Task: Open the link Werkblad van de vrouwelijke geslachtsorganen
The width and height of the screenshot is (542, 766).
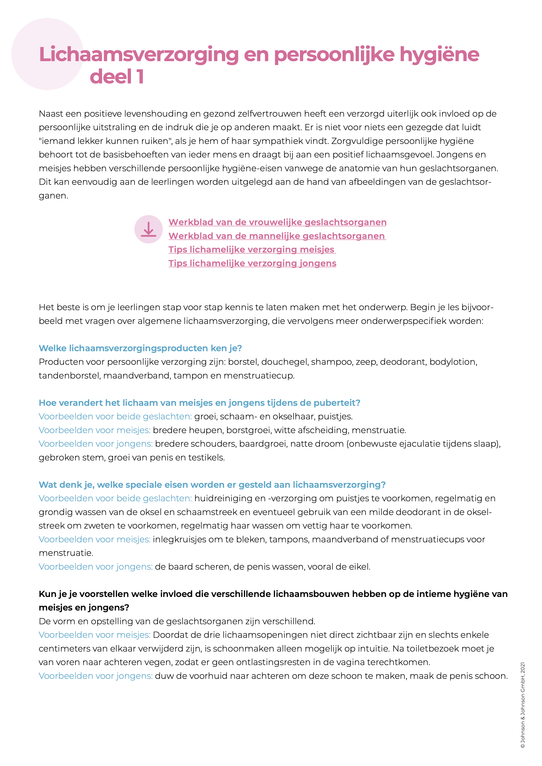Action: [277, 222]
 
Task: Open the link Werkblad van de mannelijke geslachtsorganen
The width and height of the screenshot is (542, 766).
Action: [277, 236]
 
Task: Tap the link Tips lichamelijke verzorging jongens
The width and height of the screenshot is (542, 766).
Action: [252, 263]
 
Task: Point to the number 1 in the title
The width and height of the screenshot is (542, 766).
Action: [140, 77]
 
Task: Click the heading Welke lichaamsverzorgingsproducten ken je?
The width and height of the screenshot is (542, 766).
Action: [140, 348]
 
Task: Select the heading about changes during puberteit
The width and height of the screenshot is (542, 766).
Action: [200, 403]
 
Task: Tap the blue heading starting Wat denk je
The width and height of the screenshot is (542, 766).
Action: [212, 485]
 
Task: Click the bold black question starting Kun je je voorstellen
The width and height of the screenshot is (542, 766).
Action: [273, 594]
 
